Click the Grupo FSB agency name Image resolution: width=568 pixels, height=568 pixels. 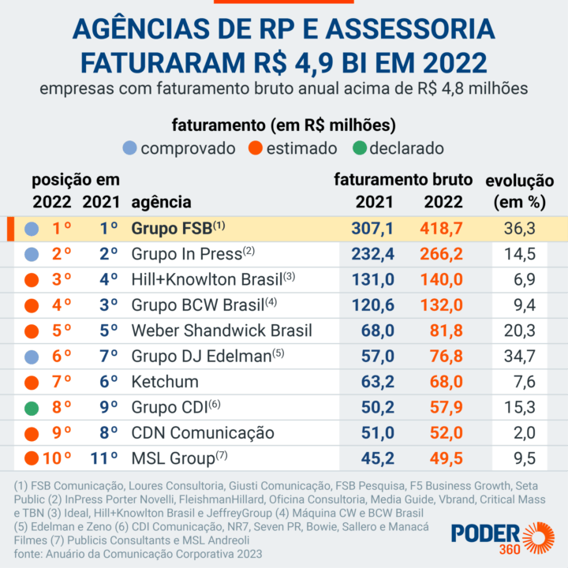coord(172,229)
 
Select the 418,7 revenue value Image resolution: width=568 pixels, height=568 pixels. coord(443,229)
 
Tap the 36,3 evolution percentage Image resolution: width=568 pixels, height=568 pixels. coord(520,229)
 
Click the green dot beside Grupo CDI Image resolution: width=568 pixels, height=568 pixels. coord(32,409)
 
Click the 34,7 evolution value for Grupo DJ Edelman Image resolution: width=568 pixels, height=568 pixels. coord(520,357)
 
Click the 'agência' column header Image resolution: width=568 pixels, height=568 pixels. coord(161,202)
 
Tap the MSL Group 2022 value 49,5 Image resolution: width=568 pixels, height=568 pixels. coord(443,458)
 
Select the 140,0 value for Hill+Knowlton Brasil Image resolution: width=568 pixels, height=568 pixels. coord(443,279)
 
